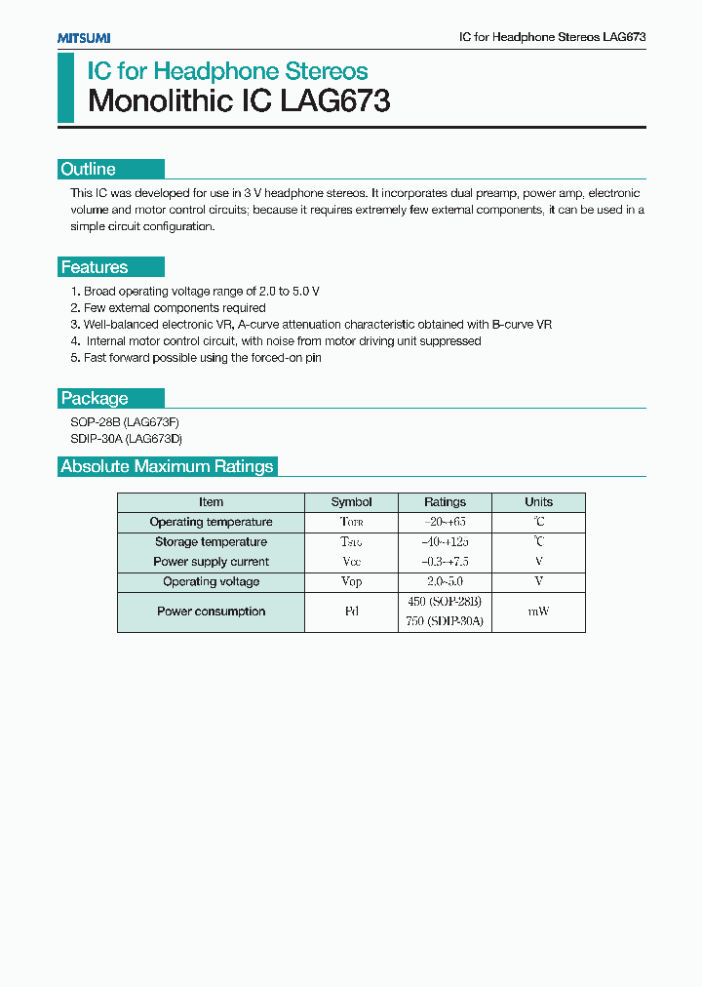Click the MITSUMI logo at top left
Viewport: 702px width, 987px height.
click(83, 37)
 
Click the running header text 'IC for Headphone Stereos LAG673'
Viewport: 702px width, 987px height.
click(552, 36)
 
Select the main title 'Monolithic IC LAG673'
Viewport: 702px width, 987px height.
click(239, 101)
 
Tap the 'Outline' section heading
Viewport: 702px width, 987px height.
click(89, 169)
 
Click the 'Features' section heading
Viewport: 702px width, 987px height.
click(95, 267)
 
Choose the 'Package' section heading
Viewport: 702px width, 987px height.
click(95, 398)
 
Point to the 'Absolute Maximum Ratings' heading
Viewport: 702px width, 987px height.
click(167, 466)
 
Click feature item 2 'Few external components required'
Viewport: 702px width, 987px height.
click(168, 307)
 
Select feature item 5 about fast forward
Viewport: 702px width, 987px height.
click(196, 358)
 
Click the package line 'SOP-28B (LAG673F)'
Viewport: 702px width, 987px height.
click(125, 422)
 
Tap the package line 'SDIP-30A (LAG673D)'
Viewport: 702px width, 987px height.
click(127, 439)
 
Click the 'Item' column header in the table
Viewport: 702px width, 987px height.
click(211, 502)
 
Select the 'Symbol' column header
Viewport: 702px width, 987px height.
click(351, 502)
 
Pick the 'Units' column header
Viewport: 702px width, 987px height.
click(538, 502)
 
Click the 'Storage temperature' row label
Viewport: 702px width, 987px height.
click(211, 542)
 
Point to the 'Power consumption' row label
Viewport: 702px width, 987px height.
click(211, 612)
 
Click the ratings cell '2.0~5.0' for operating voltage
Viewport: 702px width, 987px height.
click(445, 582)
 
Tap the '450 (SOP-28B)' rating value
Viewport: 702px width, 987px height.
click(445, 602)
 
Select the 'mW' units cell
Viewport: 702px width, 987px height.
click(538, 612)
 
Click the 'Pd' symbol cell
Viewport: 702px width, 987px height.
click(351, 612)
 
